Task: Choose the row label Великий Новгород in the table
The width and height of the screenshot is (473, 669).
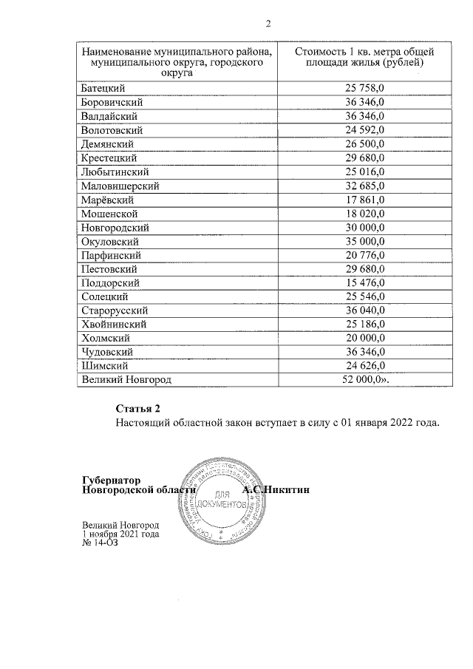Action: [125, 379]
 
